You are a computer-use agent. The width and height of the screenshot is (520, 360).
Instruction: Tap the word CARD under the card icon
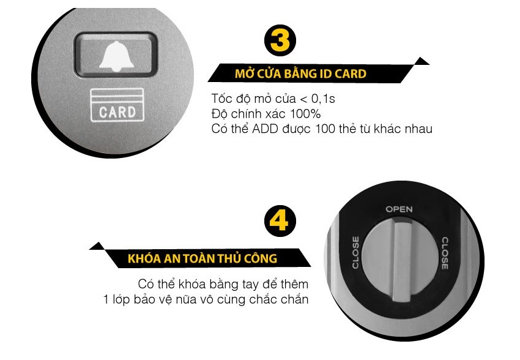point(116,112)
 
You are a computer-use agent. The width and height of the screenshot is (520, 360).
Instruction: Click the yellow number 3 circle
point(280,41)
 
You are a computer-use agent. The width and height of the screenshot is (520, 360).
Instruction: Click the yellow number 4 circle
point(279,221)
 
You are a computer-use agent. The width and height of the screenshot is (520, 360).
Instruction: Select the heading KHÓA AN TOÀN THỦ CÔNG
point(202,258)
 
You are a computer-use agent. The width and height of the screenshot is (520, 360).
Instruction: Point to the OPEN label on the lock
point(399,209)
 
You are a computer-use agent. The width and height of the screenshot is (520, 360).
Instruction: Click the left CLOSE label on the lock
point(355,252)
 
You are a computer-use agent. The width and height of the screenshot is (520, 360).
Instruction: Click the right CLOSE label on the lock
point(445,253)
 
